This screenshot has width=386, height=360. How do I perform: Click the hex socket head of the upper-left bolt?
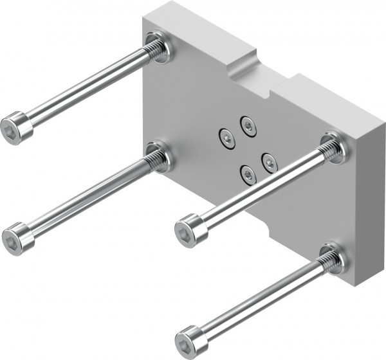[x=16, y=126]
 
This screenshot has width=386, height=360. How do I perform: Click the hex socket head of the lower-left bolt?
[x=17, y=236]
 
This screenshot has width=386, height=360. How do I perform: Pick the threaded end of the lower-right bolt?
[x=327, y=259]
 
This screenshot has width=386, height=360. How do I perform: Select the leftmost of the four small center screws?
[x=226, y=136]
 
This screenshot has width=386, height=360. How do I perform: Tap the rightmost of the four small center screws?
[x=268, y=161]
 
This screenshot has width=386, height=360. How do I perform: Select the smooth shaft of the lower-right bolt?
[x=257, y=299]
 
